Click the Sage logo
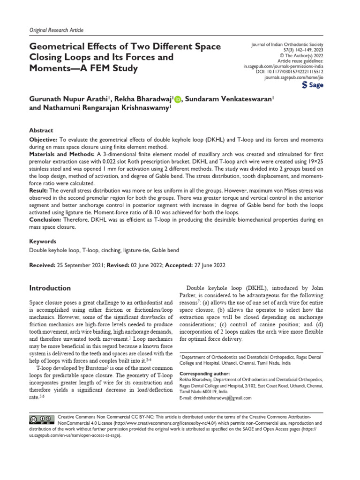[x=313, y=85]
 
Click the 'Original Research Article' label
[x=56, y=30]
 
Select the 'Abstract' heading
[x=41, y=130]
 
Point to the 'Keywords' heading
[x=43, y=241]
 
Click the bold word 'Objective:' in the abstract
[x=43, y=140]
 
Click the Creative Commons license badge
[x=41, y=419]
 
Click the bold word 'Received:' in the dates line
[x=42, y=265]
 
